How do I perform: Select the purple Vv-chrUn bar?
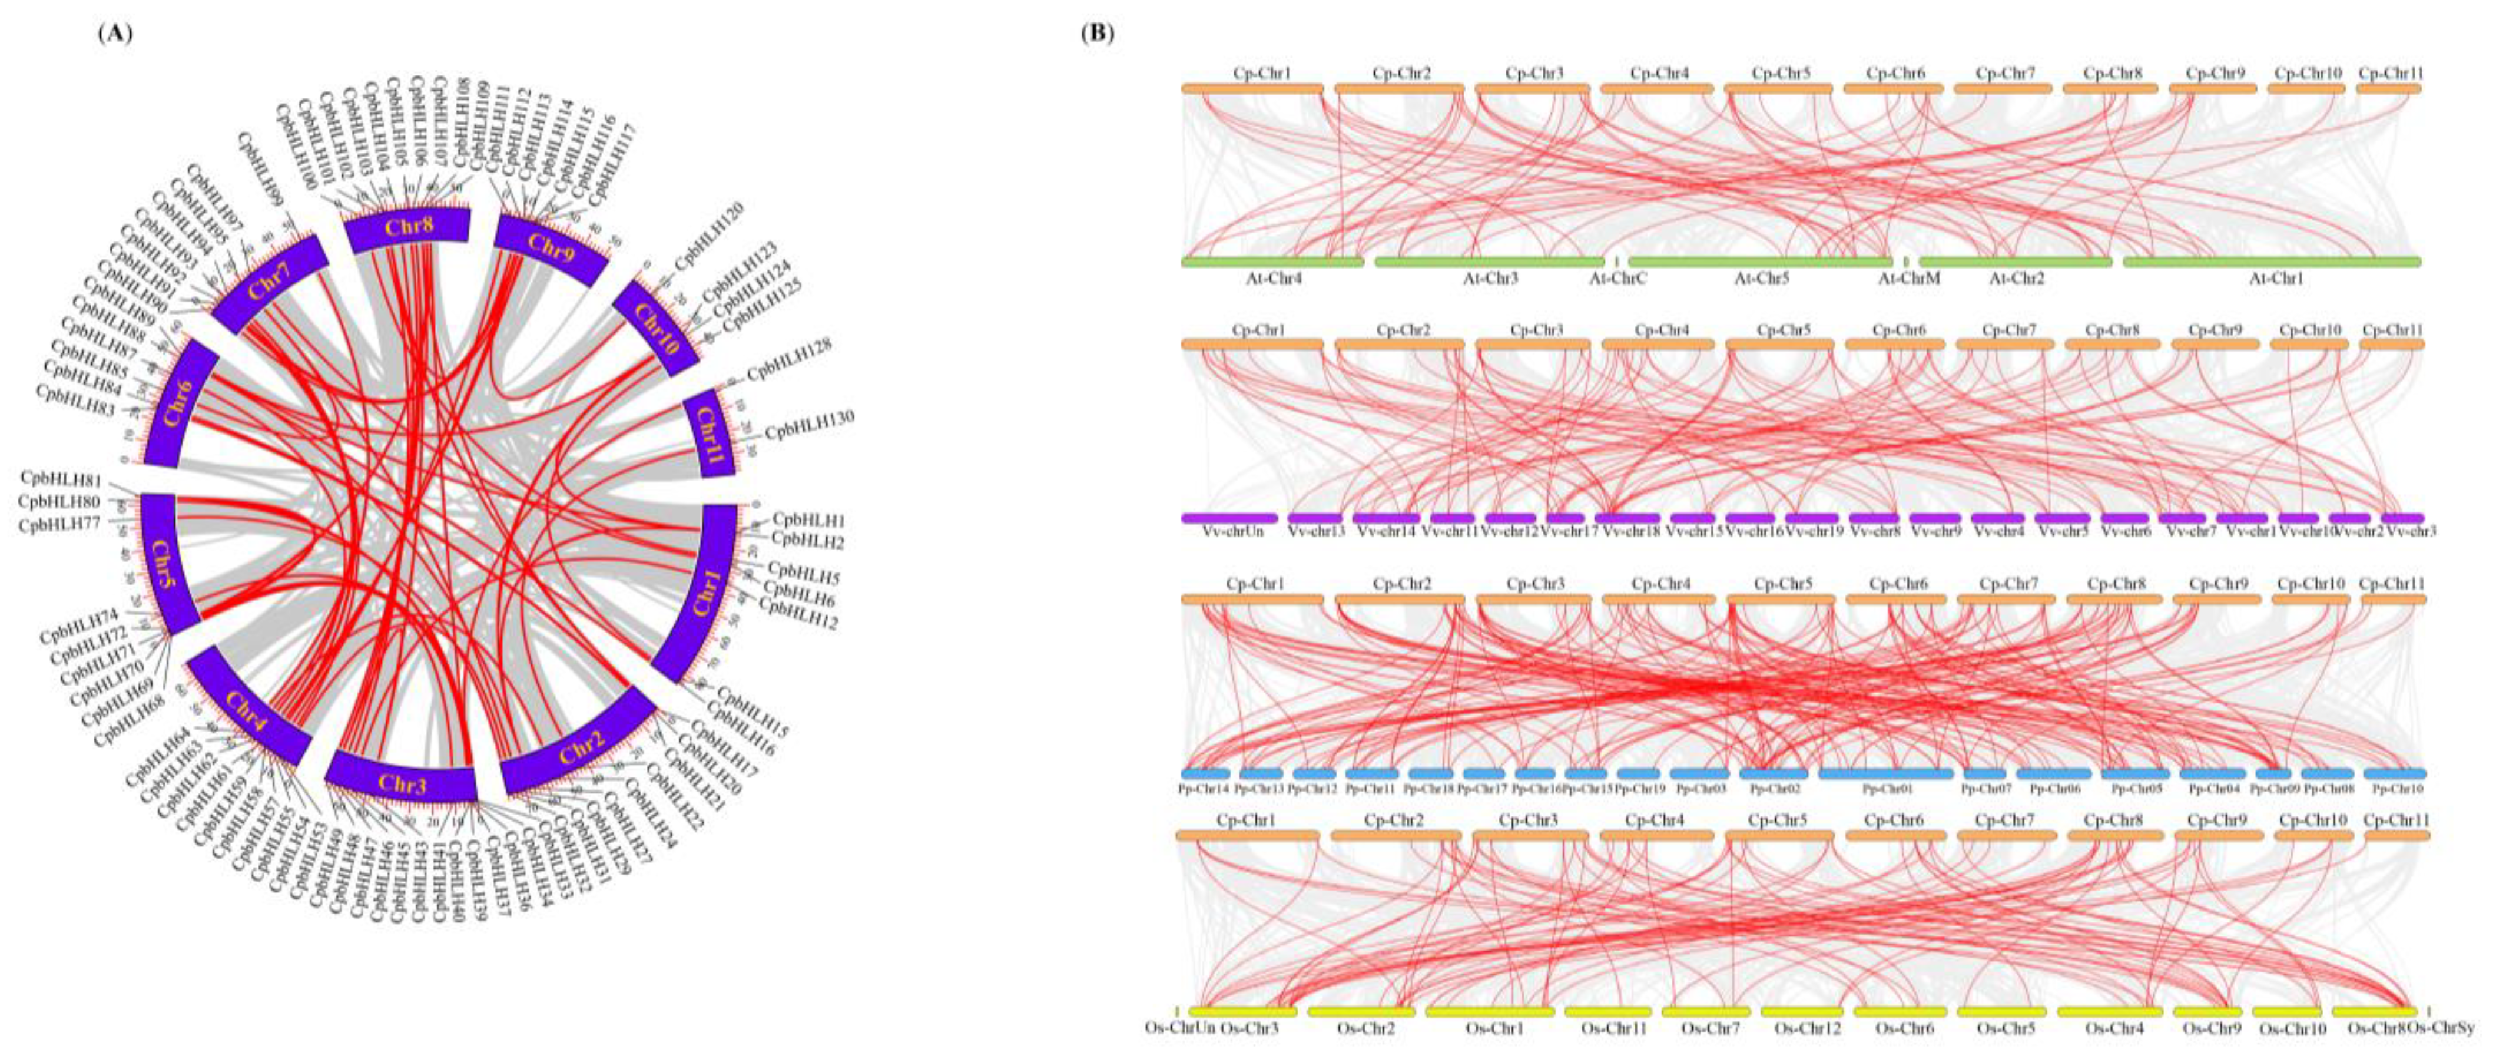click(x=1229, y=518)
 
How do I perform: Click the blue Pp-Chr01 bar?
click(x=1885, y=773)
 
